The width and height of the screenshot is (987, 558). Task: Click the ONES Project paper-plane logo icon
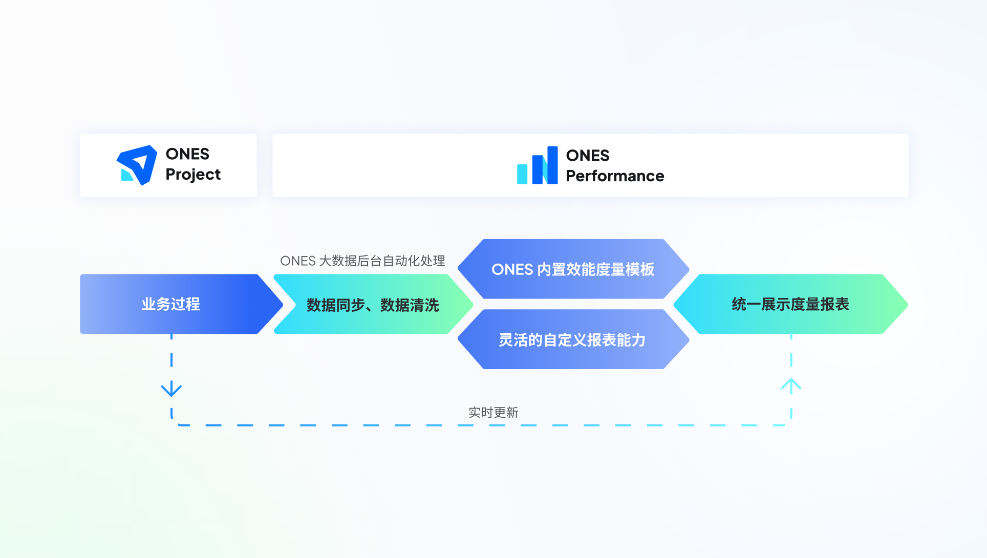click(137, 165)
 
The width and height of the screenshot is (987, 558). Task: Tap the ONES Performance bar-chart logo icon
click(537, 165)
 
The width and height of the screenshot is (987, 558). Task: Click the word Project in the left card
click(193, 175)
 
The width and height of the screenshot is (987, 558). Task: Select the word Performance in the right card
click(615, 176)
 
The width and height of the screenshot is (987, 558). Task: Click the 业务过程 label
click(170, 304)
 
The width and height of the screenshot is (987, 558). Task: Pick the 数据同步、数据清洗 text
click(373, 305)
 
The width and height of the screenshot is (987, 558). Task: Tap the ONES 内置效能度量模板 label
click(573, 269)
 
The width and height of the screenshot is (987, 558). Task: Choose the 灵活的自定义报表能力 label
click(572, 340)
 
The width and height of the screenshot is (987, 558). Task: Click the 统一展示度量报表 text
click(790, 304)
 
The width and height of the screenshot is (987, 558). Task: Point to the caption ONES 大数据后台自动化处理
click(362, 261)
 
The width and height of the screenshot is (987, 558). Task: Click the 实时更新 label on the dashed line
click(493, 413)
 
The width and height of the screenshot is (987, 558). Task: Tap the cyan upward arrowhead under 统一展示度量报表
click(791, 385)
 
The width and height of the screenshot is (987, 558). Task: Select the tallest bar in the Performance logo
click(552, 165)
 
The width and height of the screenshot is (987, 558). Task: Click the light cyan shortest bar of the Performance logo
click(522, 174)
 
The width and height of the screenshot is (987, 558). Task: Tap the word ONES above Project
click(187, 154)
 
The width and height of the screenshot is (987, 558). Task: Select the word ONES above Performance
click(588, 156)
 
